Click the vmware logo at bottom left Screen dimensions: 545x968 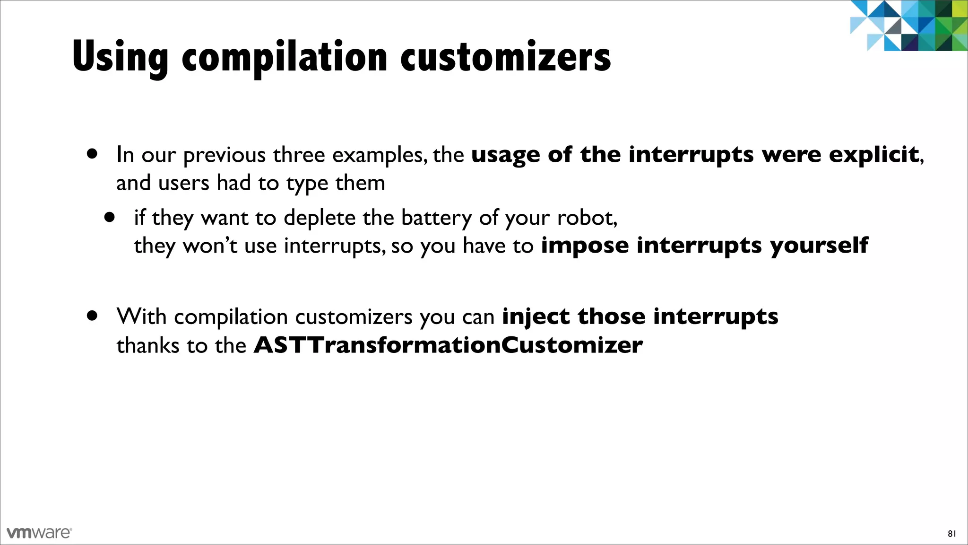tap(39, 533)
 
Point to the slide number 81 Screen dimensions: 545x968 tap(951, 534)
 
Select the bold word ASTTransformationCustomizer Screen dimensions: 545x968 tap(448, 345)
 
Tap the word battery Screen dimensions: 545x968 tap(436, 218)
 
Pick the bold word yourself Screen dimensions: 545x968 tap(819, 246)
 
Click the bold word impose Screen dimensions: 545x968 tap(585, 246)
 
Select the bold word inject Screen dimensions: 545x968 tap(535, 316)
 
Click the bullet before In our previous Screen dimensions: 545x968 tap(93, 154)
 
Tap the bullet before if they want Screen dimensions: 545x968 tap(110, 218)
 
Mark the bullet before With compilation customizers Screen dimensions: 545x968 tap(93, 316)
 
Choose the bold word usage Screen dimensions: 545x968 tap(505, 155)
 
